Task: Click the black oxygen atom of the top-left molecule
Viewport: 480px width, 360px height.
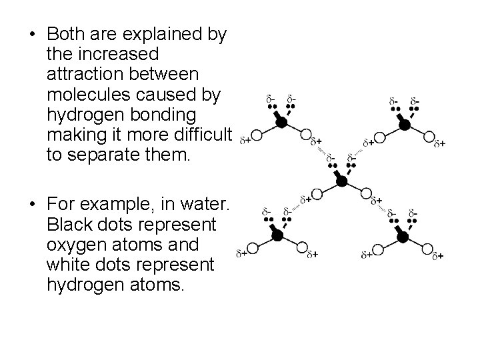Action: pyautogui.click(x=281, y=123)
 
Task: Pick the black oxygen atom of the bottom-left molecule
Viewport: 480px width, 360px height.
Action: pyautogui.click(x=275, y=235)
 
